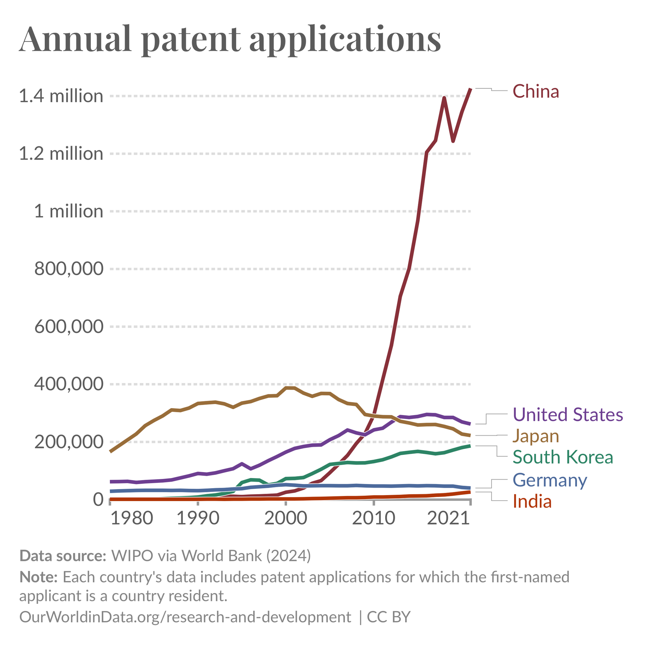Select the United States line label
point(568,415)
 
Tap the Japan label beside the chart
point(535,436)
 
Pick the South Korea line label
point(562,457)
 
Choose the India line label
point(532,501)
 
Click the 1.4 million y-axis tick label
point(61,96)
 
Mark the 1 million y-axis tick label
point(68,211)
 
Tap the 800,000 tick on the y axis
point(69,269)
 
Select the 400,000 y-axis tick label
point(69,384)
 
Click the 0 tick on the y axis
point(98,500)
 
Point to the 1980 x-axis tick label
point(132,518)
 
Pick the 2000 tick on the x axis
point(286,518)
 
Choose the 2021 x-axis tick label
point(449,518)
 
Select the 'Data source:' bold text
point(63,556)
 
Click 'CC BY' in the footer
point(389,617)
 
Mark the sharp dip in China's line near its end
point(453,141)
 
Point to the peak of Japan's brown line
point(290,388)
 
